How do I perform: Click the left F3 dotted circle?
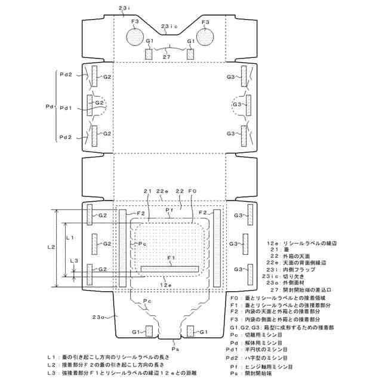(135, 38)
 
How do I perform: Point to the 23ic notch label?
(170, 27)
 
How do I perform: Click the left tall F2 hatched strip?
(123, 248)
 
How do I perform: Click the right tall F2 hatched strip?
(217, 248)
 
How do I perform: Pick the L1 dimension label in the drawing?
(69, 238)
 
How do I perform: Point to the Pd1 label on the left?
(66, 109)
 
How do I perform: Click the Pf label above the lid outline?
(170, 211)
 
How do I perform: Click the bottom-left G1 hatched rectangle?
(149, 331)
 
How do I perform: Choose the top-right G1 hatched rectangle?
(190, 54)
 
